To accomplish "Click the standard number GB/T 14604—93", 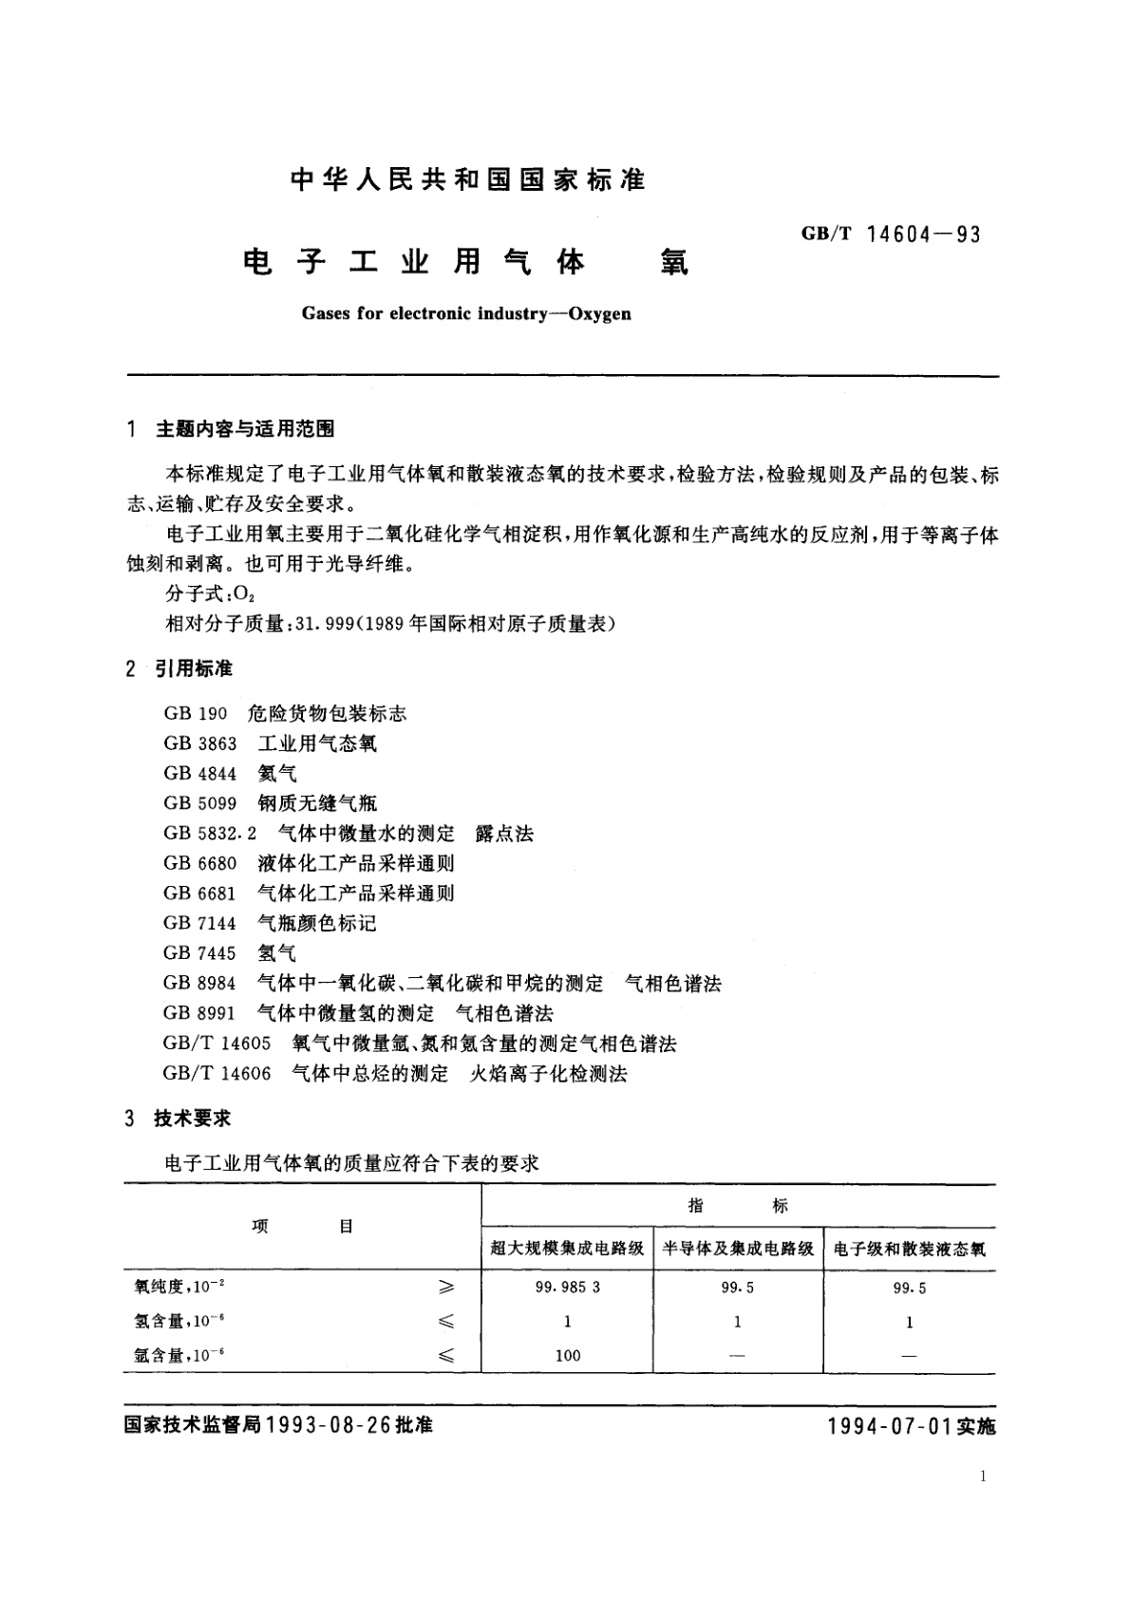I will (x=891, y=234).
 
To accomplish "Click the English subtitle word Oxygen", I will (x=599, y=312).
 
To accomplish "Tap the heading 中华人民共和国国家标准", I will (x=468, y=180).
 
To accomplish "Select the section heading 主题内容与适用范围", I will (x=244, y=429).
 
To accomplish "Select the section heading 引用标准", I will (x=194, y=669).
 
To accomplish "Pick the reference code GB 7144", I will (x=199, y=923).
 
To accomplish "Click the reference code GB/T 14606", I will (x=217, y=1073).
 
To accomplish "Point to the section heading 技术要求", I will (x=193, y=1119).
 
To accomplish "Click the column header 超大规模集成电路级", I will (x=567, y=1249).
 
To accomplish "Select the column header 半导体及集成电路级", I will (x=738, y=1249).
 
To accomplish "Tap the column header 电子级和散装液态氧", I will (x=910, y=1249).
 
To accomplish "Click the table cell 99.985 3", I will (x=568, y=1288).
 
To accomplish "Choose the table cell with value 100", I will (x=568, y=1355).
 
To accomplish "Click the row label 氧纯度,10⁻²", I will (x=180, y=1287).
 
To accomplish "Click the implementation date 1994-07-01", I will (x=890, y=1426).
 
